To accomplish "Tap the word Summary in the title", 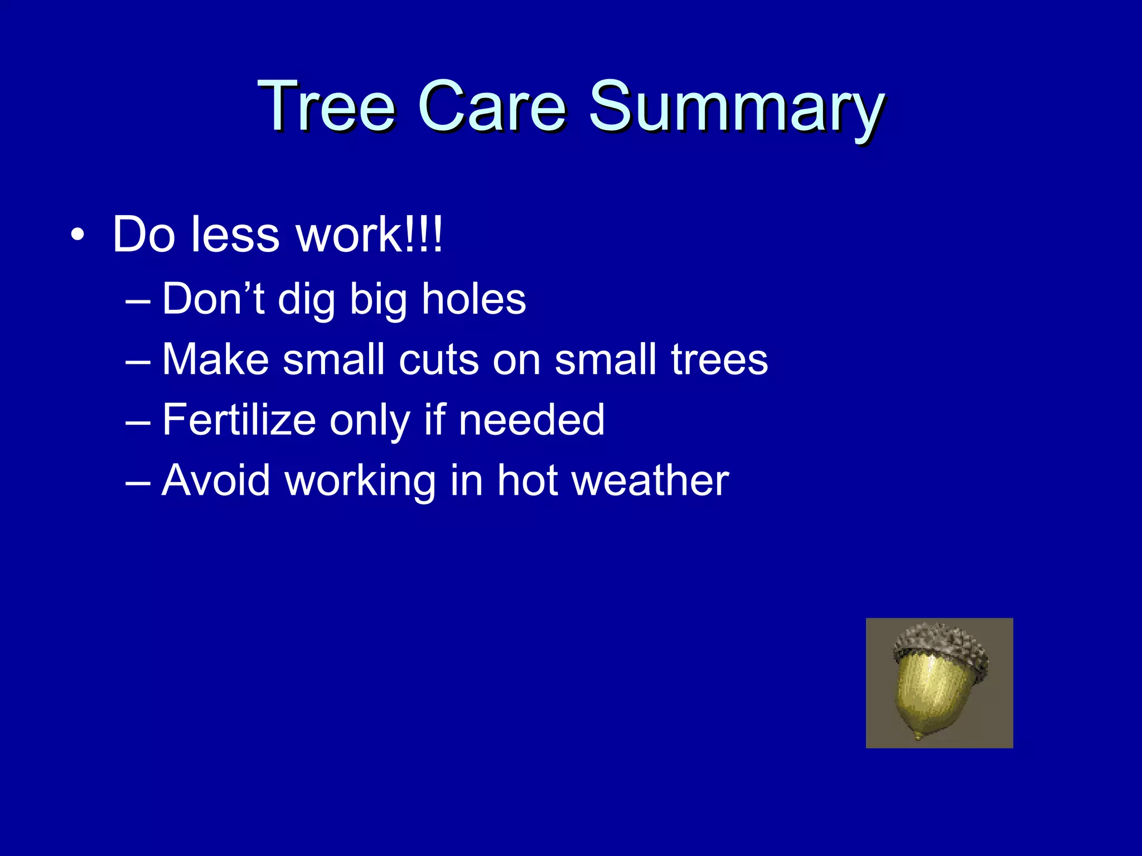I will (736, 109).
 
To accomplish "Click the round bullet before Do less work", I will (78, 236).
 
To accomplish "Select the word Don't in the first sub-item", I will (213, 299).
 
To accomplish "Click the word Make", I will (215, 359).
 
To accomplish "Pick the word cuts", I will (438, 359).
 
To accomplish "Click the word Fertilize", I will (239, 420).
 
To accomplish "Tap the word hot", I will (528, 480).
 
